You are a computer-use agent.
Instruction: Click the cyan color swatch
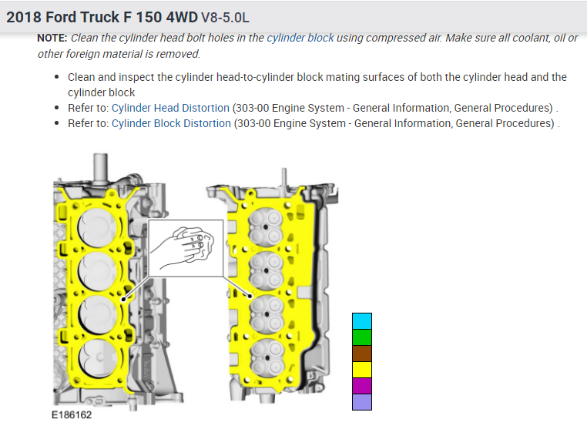tap(362, 321)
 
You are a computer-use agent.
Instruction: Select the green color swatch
tap(362, 337)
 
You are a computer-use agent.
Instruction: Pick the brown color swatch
tap(362, 354)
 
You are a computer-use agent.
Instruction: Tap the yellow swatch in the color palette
tap(362, 370)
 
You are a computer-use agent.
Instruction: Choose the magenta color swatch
tap(362, 386)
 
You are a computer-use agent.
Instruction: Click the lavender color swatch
tap(362, 402)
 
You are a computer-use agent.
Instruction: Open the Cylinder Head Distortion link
tap(170, 108)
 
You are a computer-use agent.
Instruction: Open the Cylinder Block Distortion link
tap(171, 123)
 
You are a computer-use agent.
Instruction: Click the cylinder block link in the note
tap(300, 38)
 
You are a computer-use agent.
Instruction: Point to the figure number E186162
tap(73, 414)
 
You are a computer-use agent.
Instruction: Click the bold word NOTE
tap(52, 38)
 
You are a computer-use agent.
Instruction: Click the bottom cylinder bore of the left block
tap(98, 356)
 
